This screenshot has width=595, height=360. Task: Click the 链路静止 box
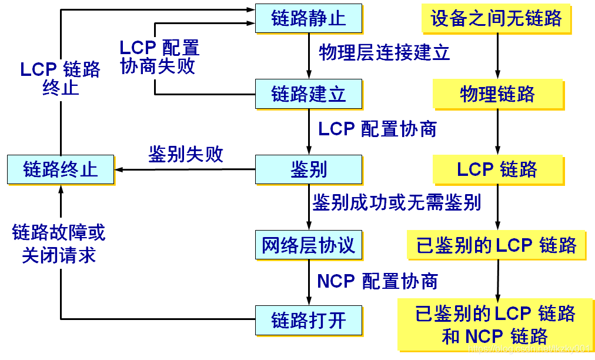pyautogui.click(x=308, y=18)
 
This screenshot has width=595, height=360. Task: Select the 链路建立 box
pyautogui.click(x=308, y=94)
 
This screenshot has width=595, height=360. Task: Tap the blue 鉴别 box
pyautogui.click(x=308, y=169)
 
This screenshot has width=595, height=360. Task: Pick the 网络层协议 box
pyautogui.click(x=308, y=245)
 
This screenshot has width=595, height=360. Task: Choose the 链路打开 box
pyautogui.click(x=308, y=321)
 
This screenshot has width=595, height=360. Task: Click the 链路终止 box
pyautogui.click(x=61, y=169)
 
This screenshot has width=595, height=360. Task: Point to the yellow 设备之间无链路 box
pyautogui.click(x=497, y=18)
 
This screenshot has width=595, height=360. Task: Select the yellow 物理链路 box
pyautogui.click(x=497, y=94)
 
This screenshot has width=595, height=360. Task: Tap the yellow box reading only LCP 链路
pyautogui.click(x=497, y=169)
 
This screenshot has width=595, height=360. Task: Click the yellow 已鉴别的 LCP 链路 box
pyautogui.click(x=497, y=245)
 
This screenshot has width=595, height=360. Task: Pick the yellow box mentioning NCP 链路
pyautogui.click(x=496, y=324)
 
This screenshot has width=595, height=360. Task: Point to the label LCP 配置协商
pyautogui.click(x=377, y=129)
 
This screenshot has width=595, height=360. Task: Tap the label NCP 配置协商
pyautogui.click(x=377, y=281)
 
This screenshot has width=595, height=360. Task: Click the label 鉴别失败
pyautogui.click(x=186, y=155)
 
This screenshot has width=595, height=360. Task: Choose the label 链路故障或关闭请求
pyautogui.click(x=59, y=244)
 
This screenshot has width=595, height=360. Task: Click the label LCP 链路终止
pyautogui.click(x=60, y=78)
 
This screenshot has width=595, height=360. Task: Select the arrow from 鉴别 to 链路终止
pyautogui.click(x=185, y=170)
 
